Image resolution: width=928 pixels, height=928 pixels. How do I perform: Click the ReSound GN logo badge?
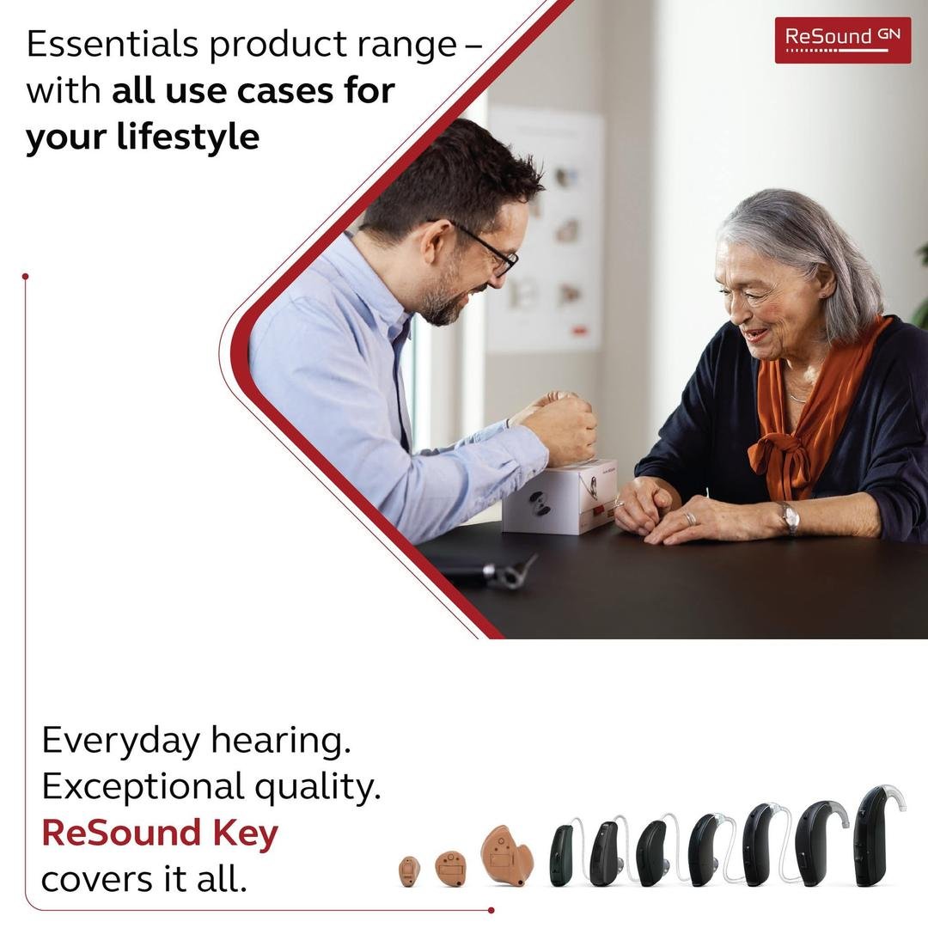pos(843,40)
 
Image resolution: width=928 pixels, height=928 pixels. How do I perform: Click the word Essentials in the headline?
pos(112,44)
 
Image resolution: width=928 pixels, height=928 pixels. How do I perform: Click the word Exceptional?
pos(143,788)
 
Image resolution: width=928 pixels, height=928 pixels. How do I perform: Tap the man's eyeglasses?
pos(482,248)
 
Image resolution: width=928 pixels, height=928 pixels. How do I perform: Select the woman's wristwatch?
pos(789,518)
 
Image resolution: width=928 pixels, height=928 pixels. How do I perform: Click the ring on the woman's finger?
pos(690,518)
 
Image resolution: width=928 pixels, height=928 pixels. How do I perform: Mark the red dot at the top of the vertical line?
pos(26,277)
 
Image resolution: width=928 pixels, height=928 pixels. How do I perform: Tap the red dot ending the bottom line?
pos(491,910)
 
